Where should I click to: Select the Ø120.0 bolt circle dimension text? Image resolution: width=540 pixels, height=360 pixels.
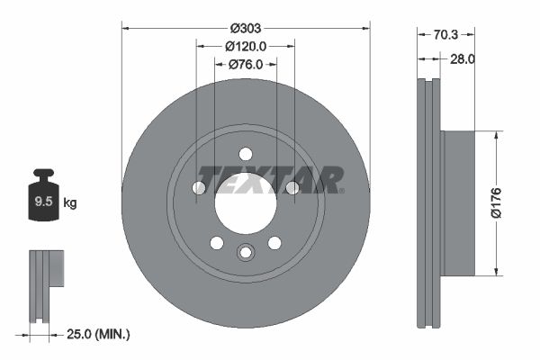[246, 46]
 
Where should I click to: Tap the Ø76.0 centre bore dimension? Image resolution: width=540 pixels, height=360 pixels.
[246, 64]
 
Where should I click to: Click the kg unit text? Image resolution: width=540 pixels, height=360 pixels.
[69, 203]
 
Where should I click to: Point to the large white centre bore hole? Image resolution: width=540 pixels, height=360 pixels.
[245, 203]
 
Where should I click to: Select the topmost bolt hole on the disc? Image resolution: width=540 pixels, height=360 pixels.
[246, 155]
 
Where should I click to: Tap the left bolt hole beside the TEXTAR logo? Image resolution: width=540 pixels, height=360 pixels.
[200, 187]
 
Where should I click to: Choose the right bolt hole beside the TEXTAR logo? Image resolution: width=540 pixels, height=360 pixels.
[292, 187]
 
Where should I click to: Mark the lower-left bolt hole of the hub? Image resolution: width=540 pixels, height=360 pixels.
[216, 243]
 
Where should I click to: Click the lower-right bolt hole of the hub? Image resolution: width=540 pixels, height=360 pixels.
[274, 243]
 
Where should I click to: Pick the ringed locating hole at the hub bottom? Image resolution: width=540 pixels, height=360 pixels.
[246, 253]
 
